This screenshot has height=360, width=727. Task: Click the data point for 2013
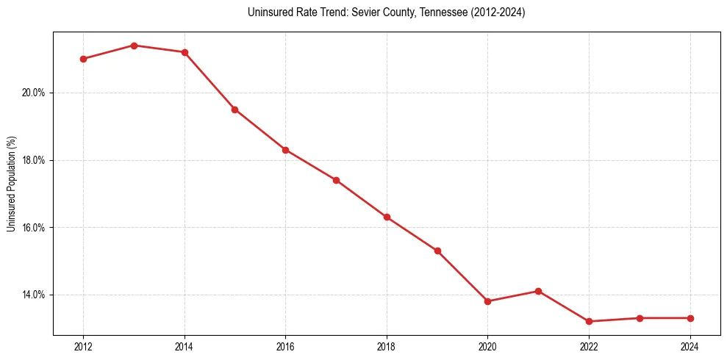pyautogui.click(x=134, y=46)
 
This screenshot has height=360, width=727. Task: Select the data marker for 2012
pyautogui.click(x=83, y=59)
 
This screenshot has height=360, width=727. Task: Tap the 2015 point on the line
pyautogui.click(x=234, y=109)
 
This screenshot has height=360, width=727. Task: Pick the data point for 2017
pyautogui.click(x=336, y=180)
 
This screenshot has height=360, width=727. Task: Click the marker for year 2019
pyautogui.click(x=437, y=251)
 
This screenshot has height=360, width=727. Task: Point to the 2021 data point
pyautogui.click(x=538, y=291)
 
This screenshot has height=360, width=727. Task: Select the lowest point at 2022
pyautogui.click(x=589, y=321)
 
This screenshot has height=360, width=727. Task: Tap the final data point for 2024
pyautogui.click(x=690, y=318)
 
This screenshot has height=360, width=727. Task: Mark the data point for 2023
pyautogui.click(x=640, y=318)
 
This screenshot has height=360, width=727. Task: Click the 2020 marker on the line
pyautogui.click(x=487, y=301)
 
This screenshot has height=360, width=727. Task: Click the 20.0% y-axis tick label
pyautogui.click(x=35, y=93)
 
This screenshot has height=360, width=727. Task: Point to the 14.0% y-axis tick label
pyautogui.click(x=35, y=295)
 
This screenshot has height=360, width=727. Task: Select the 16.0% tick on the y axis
pyautogui.click(x=35, y=228)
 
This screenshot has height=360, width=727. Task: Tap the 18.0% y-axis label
pyautogui.click(x=35, y=160)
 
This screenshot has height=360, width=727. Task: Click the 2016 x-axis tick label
pyautogui.click(x=285, y=347)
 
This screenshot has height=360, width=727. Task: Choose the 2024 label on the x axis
pyautogui.click(x=690, y=347)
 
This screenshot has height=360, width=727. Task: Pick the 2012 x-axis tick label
pyautogui.click(x=83, y=347)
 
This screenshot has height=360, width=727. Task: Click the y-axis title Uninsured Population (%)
pyautogui.click(x=11, y=184)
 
